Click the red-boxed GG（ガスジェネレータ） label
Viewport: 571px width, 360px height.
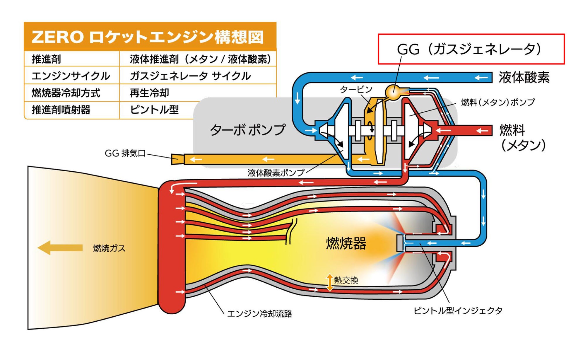pyautogui.click(x=471, y=49)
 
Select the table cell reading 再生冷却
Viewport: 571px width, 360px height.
pyautogui.click(x=149, y=93)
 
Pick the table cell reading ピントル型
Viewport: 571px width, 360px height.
pyautogui.click(x=154, y=110)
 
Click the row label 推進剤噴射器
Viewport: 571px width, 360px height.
pyautogui.click(x=61, y=110)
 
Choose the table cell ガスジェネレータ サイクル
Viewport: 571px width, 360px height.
pyautogui.click(x=190, y=76)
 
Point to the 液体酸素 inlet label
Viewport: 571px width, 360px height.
pyautogui.click(x=524, y=78)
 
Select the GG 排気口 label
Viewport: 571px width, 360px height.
pyautogui.click(x=125, y=153)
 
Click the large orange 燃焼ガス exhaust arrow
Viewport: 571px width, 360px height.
pyautogui.click(x=60, y=248)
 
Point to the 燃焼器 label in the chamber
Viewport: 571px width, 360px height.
pyautogui.click(x=346, y=243)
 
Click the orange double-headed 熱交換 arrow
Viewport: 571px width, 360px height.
pyautogui.click(x=330, y=282)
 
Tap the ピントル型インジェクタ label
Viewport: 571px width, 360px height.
pyautogui.click(x=458, y=310)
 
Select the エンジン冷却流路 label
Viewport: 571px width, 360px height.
pyautogui.click(x=259, y=314)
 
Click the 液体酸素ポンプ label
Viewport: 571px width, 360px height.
pyautogui.click(x=276, y=173)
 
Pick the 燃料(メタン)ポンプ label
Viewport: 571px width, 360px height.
pyautogui.click(x=498, y=102)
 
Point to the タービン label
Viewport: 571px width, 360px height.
pyautogui.click(x=356, y=89)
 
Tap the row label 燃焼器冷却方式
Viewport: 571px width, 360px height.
pyautogui.click(x=66, y=93)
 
